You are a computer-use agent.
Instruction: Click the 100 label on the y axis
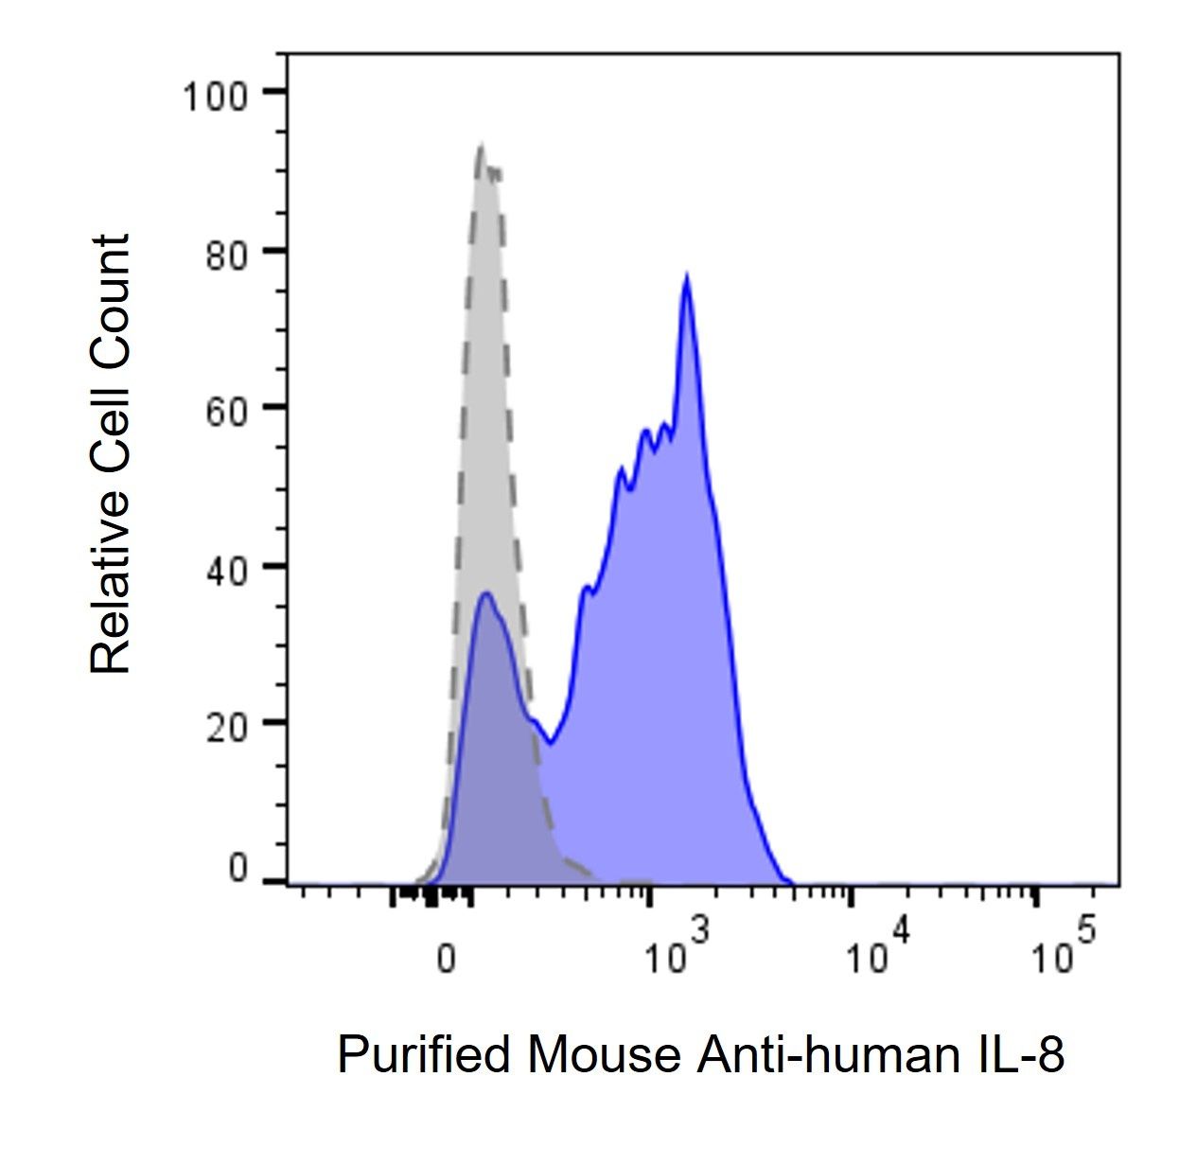[215, 97]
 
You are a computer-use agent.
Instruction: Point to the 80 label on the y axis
[226, 256]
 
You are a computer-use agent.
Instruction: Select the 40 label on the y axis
[226, 572]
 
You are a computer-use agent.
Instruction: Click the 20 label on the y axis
[226, 728]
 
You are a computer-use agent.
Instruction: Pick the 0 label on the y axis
[238, 868]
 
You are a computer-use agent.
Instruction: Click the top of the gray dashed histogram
[481, 147]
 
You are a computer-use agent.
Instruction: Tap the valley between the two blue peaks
[550, 743]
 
